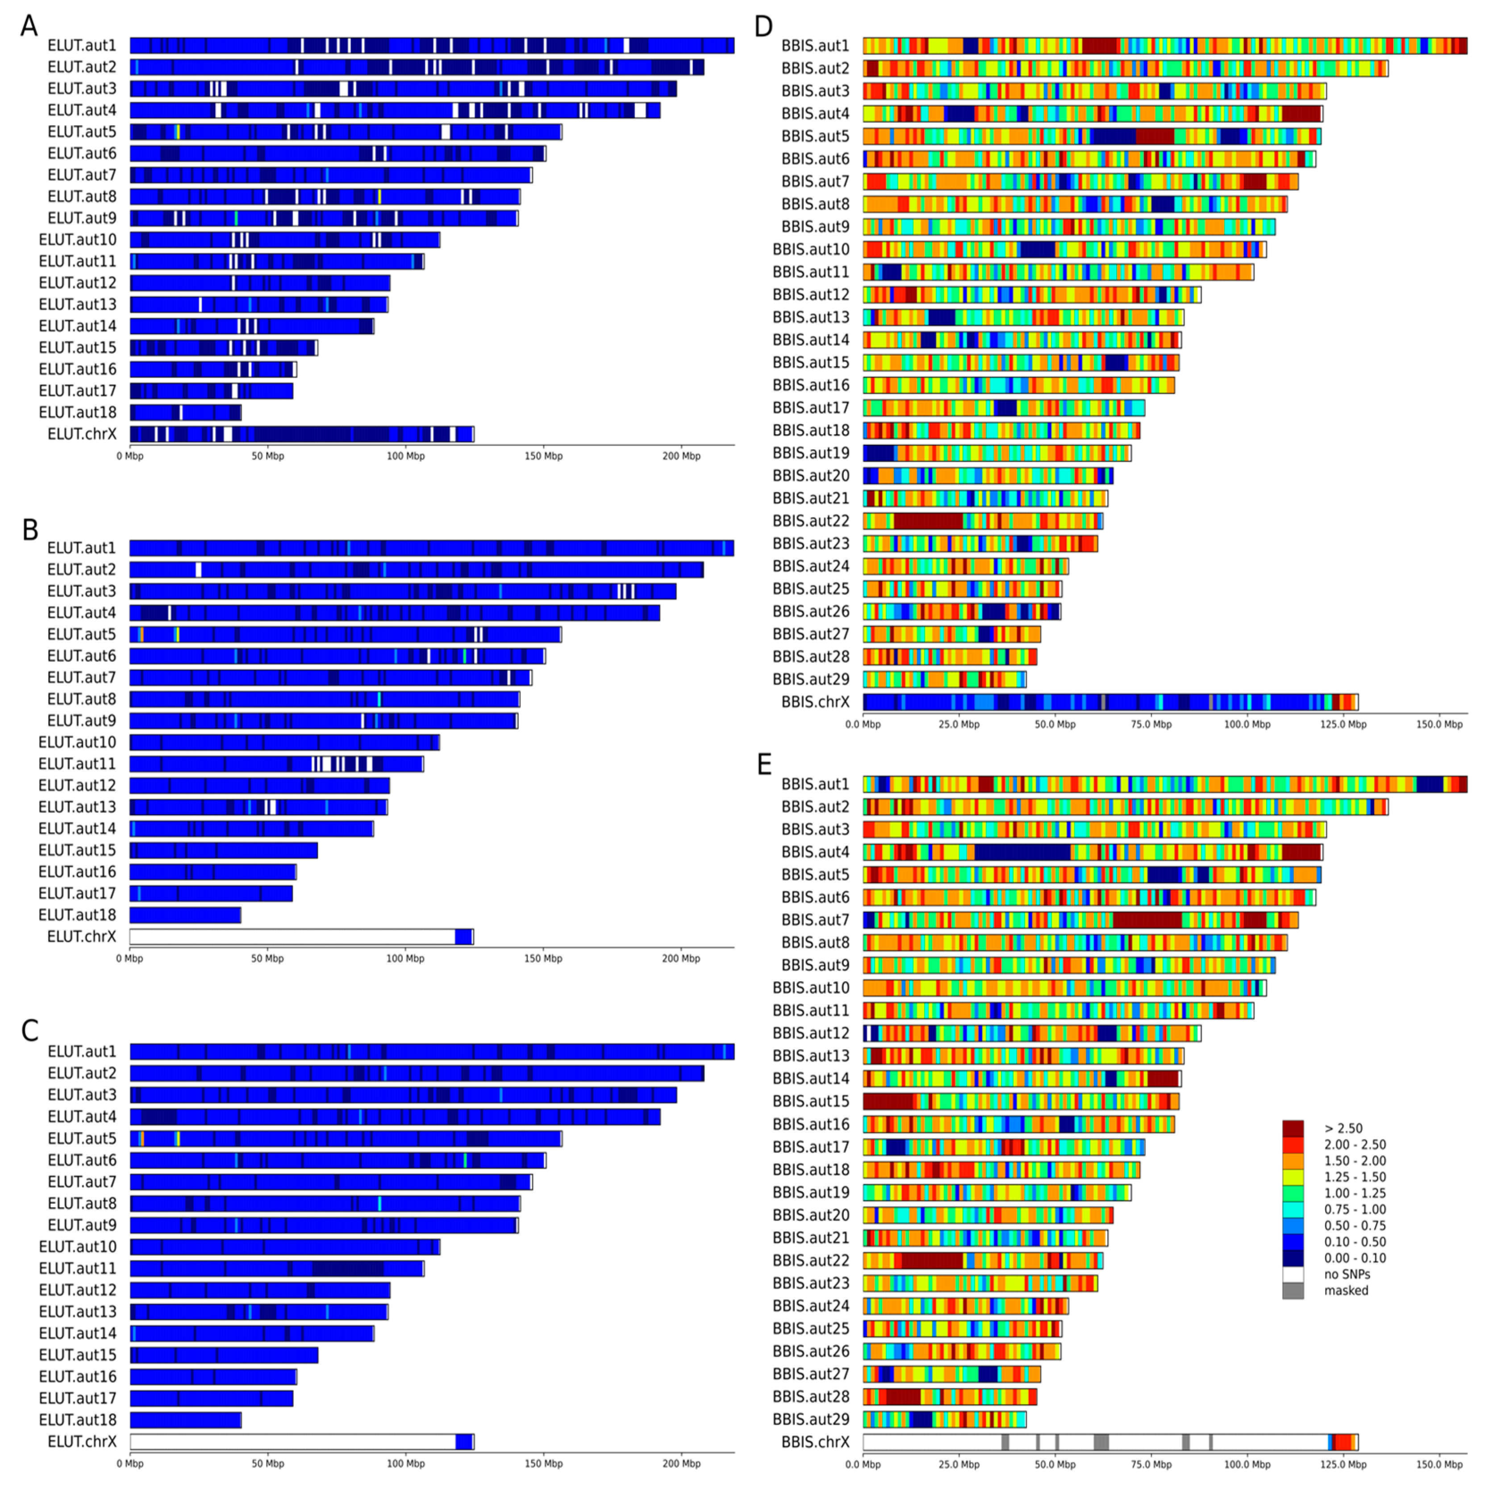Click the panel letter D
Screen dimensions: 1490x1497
click(x=763, y=25)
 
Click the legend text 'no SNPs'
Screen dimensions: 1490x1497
click(x=1347, y=1274)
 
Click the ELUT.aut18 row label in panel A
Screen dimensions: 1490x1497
click(x=78, y=412)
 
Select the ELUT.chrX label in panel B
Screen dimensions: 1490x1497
click(x=81, y=937)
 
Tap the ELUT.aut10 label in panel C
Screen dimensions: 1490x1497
click(x=78, y=1247)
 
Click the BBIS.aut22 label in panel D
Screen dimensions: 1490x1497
click(x=810, y=521)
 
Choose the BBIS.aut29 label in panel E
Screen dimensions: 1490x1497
click(x=810, y=1419)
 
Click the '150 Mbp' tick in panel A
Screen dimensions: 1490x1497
click(x=543, y=456)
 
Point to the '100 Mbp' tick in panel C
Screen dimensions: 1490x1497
click(x=405, y=1464)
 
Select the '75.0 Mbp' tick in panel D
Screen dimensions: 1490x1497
click(x=1151, y=724)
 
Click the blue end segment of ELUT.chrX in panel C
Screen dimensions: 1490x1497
click(x=463, y=1442)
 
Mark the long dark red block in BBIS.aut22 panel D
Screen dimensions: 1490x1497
click(x=928, y=521)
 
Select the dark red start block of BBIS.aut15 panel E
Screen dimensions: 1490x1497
click(x=888, y=1101)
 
